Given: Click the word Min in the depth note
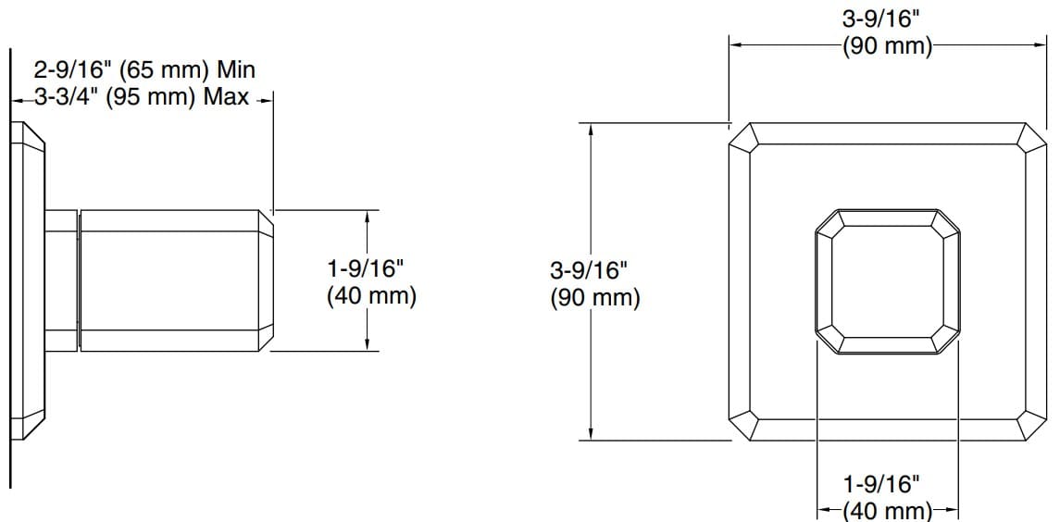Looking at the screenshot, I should pyautogui.click(x=236, y=69).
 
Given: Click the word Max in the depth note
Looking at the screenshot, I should pyautogui.click(x=229, y=98).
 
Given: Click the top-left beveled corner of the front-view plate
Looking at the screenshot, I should pyautogui.click(x=744, y=136).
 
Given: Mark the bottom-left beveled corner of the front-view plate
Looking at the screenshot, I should pyautogui.click(x=744, y=427).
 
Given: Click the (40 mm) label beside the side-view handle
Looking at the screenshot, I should pyautogui.click(x=371, y=297).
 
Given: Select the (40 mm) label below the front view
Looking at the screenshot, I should pyautogui.click(x=887, y=510).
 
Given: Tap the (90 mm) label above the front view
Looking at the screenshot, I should pyautogui.click(x=887, y=45).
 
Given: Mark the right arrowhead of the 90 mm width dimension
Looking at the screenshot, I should pyautogui.click(x=1037, y=43).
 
